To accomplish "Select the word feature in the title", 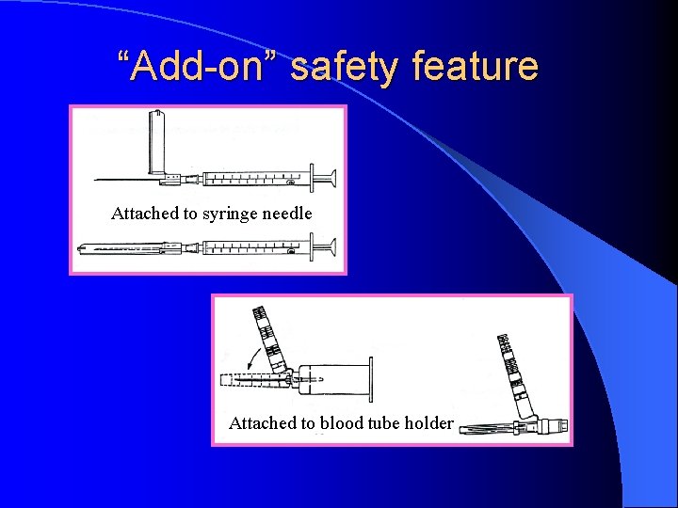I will [x=479, y=67].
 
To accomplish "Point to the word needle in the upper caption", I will [x=286, y=214].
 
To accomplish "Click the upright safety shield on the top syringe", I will [x=156, y=141].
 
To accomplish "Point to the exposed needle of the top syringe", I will [x=118, y=180].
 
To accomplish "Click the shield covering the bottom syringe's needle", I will [x=122, y=249].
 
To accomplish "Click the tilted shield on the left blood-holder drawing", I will [x=267, y=338].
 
